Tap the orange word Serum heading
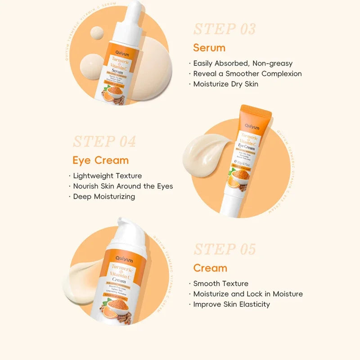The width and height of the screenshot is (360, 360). click(x=209, y=48)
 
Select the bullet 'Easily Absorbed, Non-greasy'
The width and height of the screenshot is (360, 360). click(x=243, y=63)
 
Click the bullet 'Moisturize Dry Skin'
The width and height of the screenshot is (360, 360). click(x=226, y=84)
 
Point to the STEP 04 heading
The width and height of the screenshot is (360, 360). click(x=104, y=141)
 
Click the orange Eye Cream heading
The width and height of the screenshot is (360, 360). click(x=100, y=160)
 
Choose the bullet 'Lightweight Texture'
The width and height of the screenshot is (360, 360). click(x=108, y=176)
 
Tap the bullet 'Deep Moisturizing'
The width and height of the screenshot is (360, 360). click(x=104, y=196)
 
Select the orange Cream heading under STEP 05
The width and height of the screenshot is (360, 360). click(x=210, y=268)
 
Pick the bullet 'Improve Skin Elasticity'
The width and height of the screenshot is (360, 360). click(x=232, y=304)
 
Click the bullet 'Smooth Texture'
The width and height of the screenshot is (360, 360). click(x=220, y=283)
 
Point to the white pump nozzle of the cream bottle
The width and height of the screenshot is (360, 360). click(x=126, y=227)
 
